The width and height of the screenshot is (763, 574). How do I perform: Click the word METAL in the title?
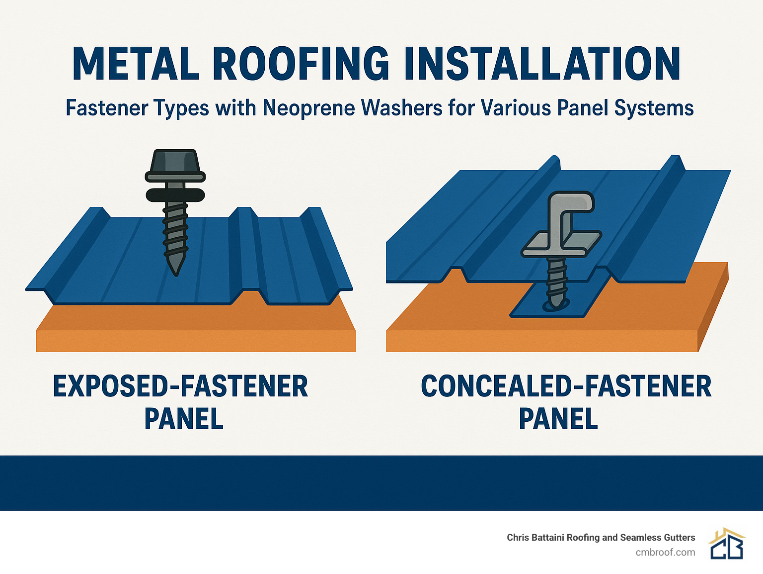tap(135, 64)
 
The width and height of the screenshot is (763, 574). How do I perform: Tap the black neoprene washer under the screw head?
tap(175, 194)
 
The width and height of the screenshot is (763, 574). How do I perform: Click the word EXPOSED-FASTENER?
tap(180, 386)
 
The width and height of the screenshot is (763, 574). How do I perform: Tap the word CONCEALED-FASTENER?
tap(566, 386)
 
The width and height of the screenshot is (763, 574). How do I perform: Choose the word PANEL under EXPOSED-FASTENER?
tap(184, 419)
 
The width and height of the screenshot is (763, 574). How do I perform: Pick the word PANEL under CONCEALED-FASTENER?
tap(558, 419)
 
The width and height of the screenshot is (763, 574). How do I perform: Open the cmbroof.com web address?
tap(665, 552)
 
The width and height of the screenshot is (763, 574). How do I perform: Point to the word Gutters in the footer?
tap(677, 537)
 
